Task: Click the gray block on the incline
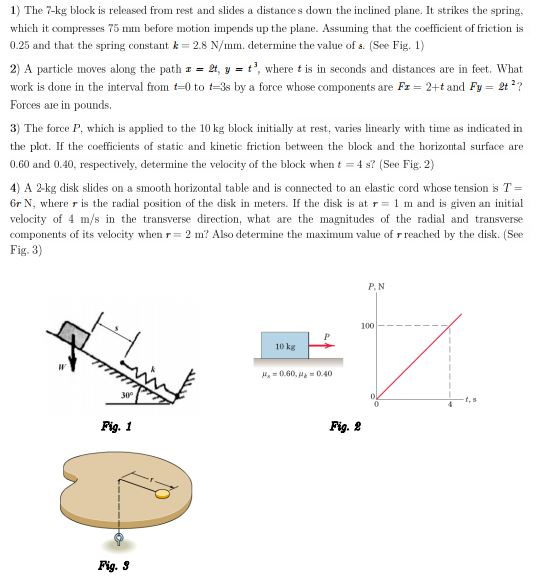click(69, 333)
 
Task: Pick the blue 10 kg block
click(284, 345)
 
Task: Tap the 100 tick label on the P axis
click(367, 326)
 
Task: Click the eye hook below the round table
click(119, 540)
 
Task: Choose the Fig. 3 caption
click(112, 566)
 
